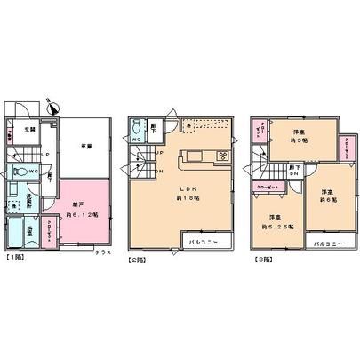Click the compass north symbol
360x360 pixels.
[52, 104]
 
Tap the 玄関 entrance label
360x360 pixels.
[29, 131]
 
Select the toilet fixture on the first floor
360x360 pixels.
[19, 169]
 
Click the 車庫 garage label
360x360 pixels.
[85, 148]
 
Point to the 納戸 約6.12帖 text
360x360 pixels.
[82, 209]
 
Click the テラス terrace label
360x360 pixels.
[103, 253]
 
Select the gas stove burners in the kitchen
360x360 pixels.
[223, 156]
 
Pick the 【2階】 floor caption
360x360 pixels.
[137, 259]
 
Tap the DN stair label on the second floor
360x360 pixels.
[160, 171]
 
